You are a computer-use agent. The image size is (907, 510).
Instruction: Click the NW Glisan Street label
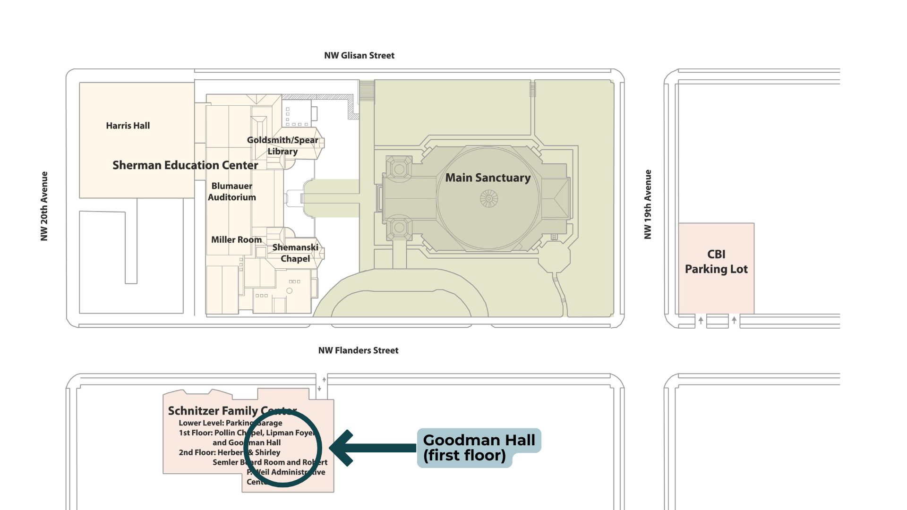coord(359,55)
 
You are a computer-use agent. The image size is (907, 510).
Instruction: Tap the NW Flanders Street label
coord(358,350)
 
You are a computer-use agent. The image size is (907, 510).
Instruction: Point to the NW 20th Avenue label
coord(44,206)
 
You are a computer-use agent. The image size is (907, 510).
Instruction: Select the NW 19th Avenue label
coord(648,204)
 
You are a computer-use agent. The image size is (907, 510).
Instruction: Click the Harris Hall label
coord(128,126)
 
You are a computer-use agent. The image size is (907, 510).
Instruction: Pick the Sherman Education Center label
coord(185,165)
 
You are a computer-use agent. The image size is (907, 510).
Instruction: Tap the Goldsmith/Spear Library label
coord(282,145)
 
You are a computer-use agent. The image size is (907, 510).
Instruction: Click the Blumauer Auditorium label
coord(232,192)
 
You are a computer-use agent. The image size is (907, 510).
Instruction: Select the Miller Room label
coord(236,240)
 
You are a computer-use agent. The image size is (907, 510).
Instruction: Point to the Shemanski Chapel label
coord(295,253)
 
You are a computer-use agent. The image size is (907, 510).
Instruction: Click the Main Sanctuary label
coord(488,178)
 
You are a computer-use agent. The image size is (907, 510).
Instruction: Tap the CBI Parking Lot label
coord(716,262)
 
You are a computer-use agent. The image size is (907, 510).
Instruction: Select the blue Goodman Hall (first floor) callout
coord(479,448)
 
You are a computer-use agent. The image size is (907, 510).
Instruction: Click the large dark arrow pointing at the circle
coord(373,448)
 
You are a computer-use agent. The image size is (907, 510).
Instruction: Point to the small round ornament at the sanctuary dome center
coord(489,199)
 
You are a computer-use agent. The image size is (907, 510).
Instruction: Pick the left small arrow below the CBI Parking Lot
coord(701,321)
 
